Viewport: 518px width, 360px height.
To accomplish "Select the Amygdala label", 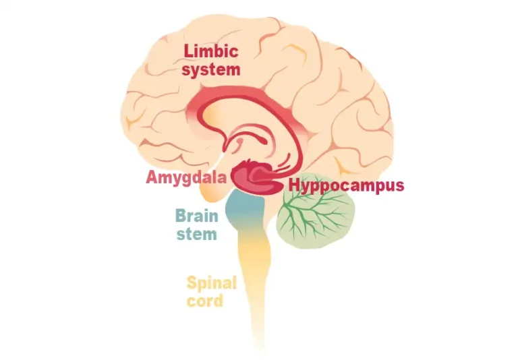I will [186, 179].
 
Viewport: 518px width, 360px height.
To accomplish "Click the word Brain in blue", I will [196, 217].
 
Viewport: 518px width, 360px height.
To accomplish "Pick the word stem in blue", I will [196, 234].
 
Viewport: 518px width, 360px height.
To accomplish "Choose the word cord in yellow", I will [204, 301].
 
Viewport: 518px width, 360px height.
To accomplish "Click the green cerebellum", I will [317, 216].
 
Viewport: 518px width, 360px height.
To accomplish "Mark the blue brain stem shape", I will [245, 212].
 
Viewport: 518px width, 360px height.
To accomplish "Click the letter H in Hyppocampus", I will [295, 185].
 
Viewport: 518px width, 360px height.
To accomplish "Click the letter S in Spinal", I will [191, 282].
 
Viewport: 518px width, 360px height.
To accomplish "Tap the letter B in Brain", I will [180, 217].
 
